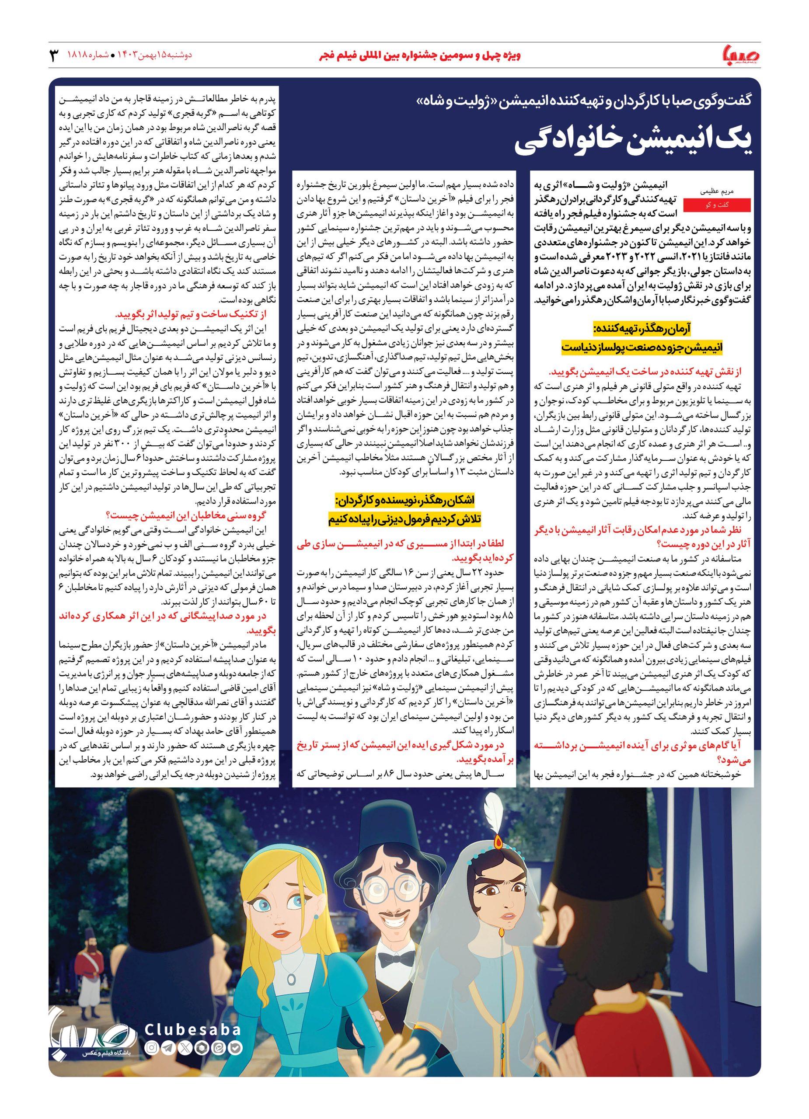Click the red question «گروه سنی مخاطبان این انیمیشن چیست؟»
[x=192, y=516]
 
